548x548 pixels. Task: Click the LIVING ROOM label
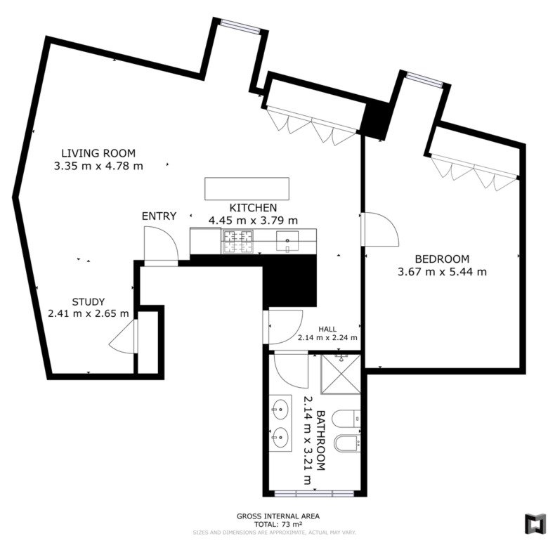98,153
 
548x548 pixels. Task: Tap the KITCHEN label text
253,207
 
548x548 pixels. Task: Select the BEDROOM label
442,259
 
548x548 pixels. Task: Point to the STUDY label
89,301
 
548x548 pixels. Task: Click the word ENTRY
159,216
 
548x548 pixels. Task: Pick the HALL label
327,329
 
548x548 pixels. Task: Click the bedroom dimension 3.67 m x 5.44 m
442,272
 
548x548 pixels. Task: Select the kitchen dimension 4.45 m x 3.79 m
253,221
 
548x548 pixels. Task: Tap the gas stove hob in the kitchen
237,242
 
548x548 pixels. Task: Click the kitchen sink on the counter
287,241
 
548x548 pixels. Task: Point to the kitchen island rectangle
247,189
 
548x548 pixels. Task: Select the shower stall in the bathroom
341,374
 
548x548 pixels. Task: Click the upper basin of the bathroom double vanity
280,410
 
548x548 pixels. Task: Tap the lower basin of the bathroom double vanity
280,437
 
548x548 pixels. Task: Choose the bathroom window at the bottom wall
314,493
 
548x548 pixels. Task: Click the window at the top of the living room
240,27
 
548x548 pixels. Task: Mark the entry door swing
161,243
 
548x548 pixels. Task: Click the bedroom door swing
380,229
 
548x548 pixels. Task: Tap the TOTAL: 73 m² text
278,524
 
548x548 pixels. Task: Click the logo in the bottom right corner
535,523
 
